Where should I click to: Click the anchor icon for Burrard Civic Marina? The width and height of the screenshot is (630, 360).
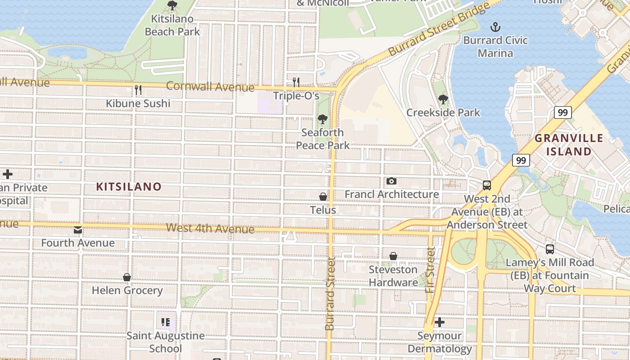[495, 27]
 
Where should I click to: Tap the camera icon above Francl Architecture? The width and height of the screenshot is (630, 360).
[391, 181]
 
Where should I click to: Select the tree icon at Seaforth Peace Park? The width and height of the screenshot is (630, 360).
[322, 119]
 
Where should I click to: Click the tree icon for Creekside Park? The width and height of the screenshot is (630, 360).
[443, 99]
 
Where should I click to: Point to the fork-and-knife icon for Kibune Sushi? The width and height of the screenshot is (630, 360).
[138, 90]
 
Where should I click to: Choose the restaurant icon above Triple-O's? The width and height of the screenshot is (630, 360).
[296, 82]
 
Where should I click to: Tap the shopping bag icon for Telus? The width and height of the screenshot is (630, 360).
[323, 197]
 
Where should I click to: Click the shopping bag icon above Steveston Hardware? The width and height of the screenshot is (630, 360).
[393, 256]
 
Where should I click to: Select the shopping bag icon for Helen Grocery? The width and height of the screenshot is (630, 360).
[127, 277]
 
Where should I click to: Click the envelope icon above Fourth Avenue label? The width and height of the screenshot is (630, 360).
[78, 230]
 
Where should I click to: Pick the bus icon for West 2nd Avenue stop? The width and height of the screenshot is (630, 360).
[487, 185]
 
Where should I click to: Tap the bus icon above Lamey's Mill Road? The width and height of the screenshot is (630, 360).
[549, 249]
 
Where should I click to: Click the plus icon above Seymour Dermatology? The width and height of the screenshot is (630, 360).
[440, 322]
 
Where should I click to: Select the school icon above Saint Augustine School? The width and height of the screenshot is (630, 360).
[165, 322]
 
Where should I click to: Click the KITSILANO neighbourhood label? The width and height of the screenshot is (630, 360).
[129, 187]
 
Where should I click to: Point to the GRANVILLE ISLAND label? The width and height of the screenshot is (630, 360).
[569, 145]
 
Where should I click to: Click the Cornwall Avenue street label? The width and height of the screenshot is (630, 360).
[210, 86]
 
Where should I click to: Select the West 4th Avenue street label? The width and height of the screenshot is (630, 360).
[210, 228]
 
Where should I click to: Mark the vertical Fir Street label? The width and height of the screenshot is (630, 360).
[431, 270]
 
